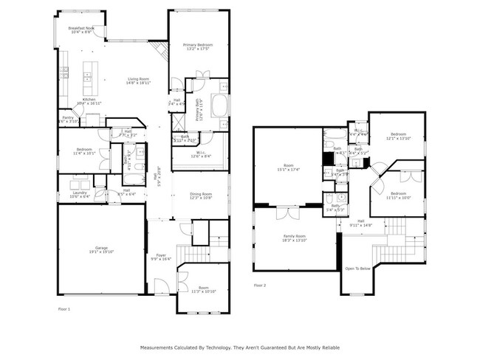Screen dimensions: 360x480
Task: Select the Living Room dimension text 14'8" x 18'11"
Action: (139, 83)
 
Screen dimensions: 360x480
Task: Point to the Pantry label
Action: (67, 117)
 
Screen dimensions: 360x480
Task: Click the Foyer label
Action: (161, 255)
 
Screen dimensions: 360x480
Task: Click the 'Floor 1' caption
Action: (64, 309)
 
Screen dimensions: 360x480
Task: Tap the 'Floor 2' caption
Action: (259, 285)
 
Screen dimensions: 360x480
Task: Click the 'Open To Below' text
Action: (357, 269)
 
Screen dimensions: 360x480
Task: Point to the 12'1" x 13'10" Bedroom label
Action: (400, 135)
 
